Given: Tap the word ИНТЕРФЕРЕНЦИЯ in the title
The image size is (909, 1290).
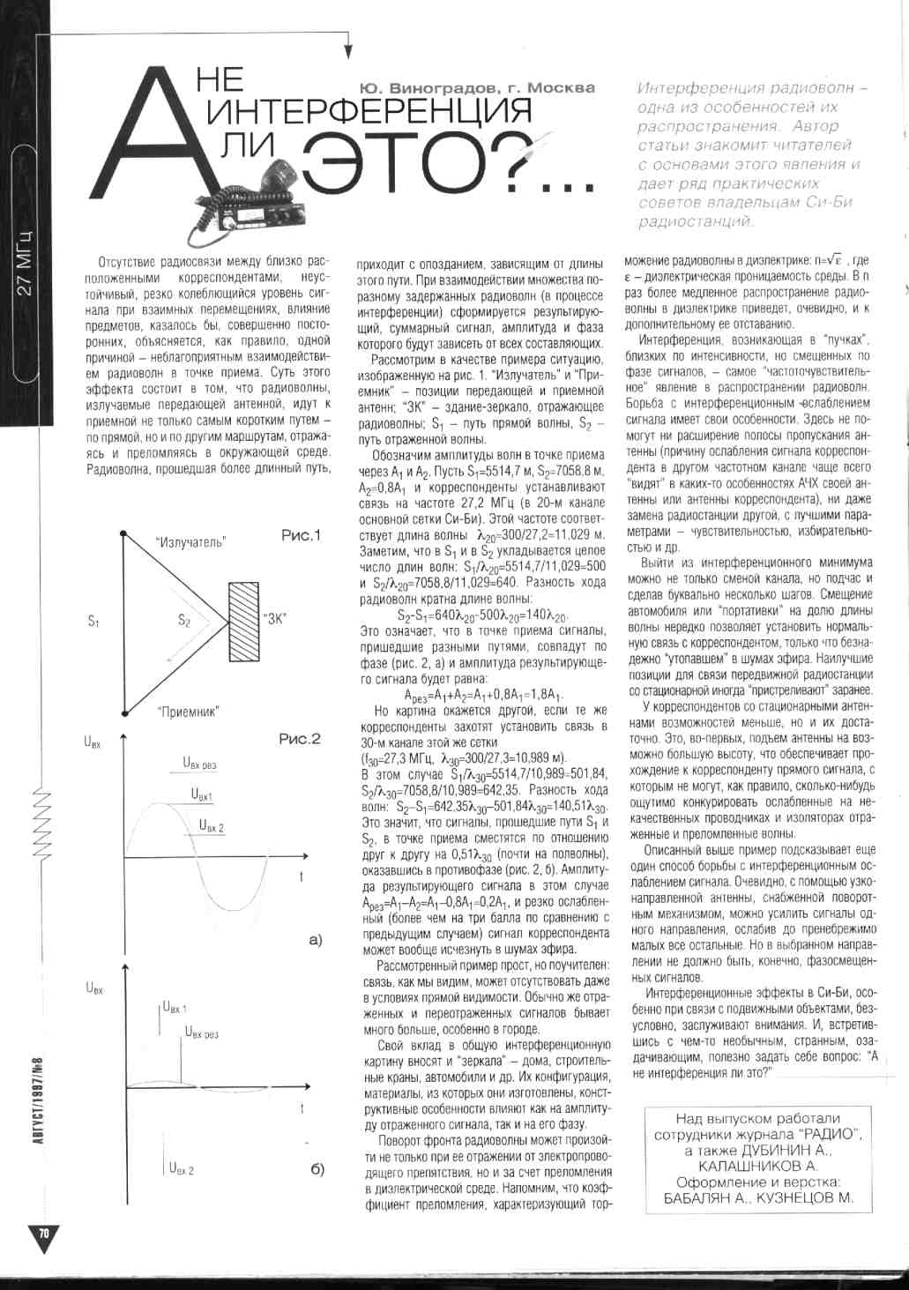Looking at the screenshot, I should (x=369, y=112).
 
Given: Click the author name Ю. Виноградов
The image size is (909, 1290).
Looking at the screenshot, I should (x=419, y=87).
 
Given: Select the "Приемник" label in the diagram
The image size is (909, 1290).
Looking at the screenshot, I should (x=189, y=710).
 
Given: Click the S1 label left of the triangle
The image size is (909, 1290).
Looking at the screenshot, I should (x=93, y=621).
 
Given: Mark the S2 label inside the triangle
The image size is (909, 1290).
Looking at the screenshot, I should (x=184, y=621).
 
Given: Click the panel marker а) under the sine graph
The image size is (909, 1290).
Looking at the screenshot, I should (x=317, y=941).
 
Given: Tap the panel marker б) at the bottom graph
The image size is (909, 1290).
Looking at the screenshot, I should (x=317, y=1170).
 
